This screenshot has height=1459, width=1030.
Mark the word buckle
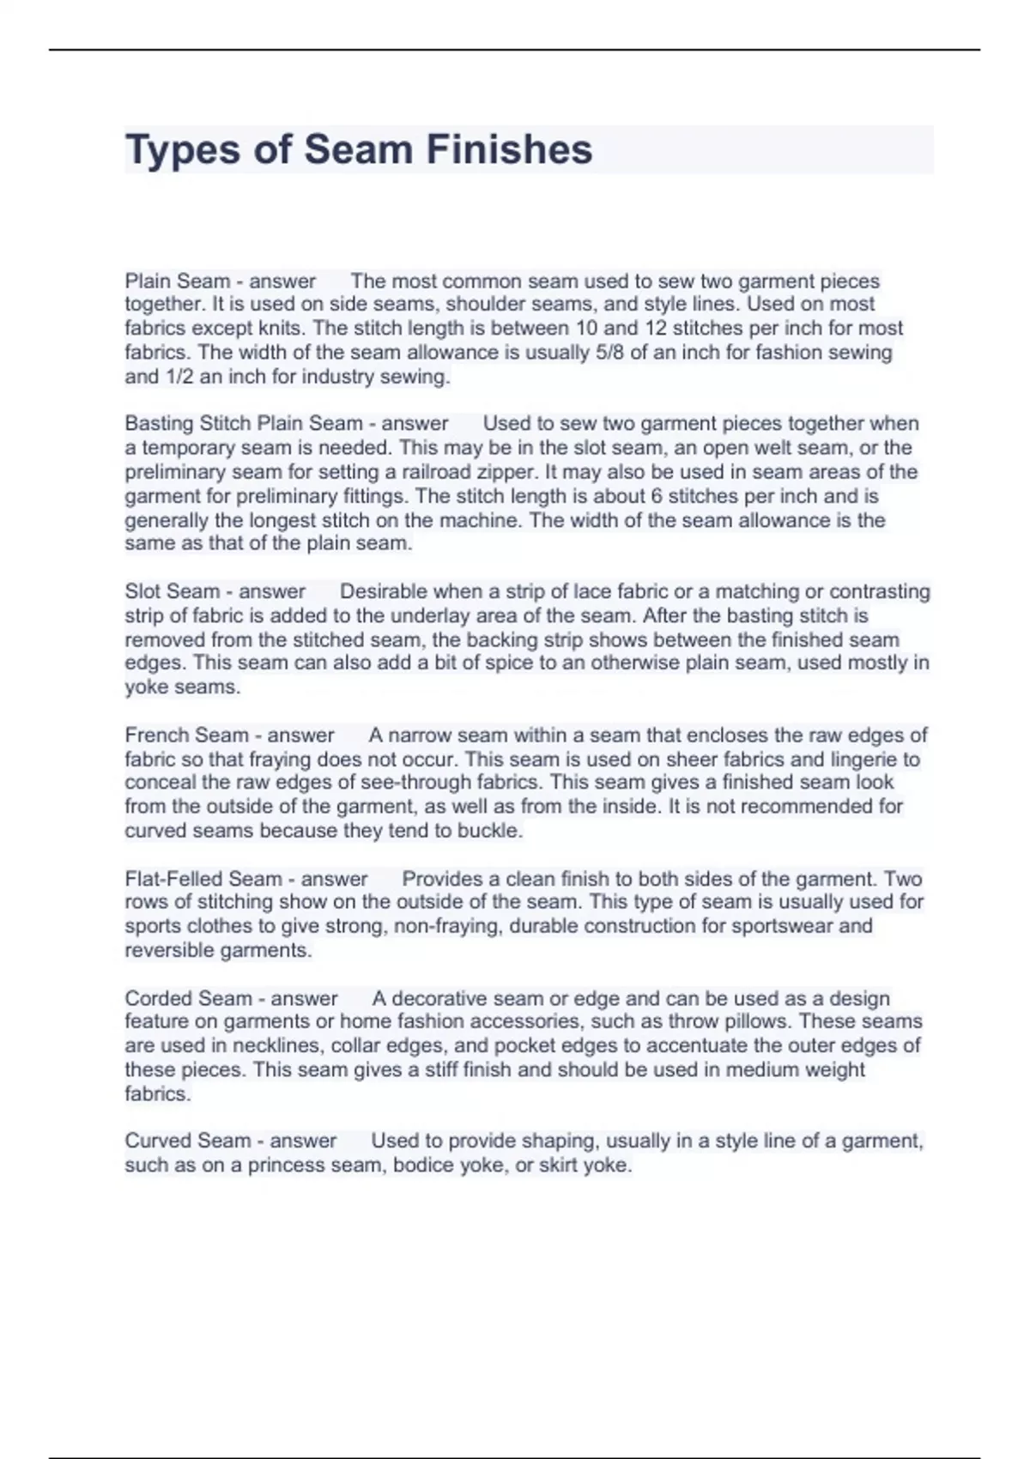coord(489,831)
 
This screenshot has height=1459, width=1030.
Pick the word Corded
coord(157,999)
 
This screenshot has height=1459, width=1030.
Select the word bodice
coord(422,1165)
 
